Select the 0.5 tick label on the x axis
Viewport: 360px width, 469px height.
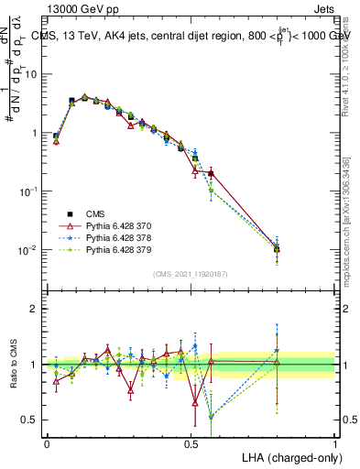191,442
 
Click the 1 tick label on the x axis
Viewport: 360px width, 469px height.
335,442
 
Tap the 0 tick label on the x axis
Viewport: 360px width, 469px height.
47,442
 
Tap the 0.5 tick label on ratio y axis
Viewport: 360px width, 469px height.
33,420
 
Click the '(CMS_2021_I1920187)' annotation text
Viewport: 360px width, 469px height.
191,274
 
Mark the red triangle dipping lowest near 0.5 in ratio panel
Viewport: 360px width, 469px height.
196,400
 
